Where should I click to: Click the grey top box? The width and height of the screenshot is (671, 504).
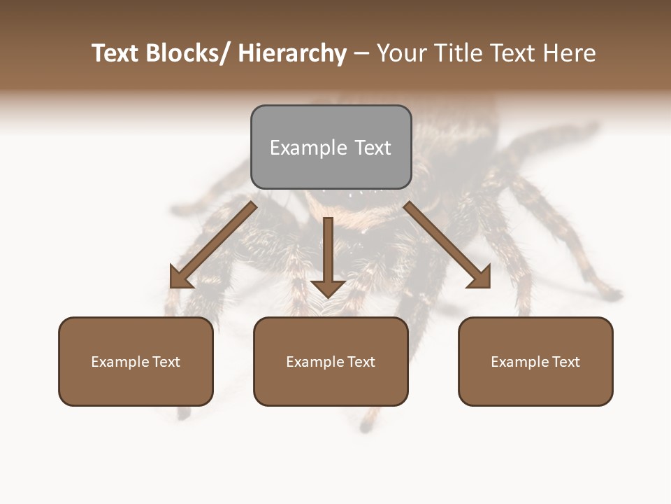tap(331, 147)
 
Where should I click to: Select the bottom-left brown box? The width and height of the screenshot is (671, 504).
tap(136, 361)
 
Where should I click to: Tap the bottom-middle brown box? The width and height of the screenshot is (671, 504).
tap(331, 361)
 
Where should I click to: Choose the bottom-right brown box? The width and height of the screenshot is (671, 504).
tap(535, 361)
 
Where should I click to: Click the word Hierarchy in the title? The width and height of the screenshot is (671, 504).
tap(292, 53)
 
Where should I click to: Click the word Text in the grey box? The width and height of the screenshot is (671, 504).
tap(372, 148)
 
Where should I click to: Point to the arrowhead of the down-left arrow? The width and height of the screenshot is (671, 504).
tap(180, 278)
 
